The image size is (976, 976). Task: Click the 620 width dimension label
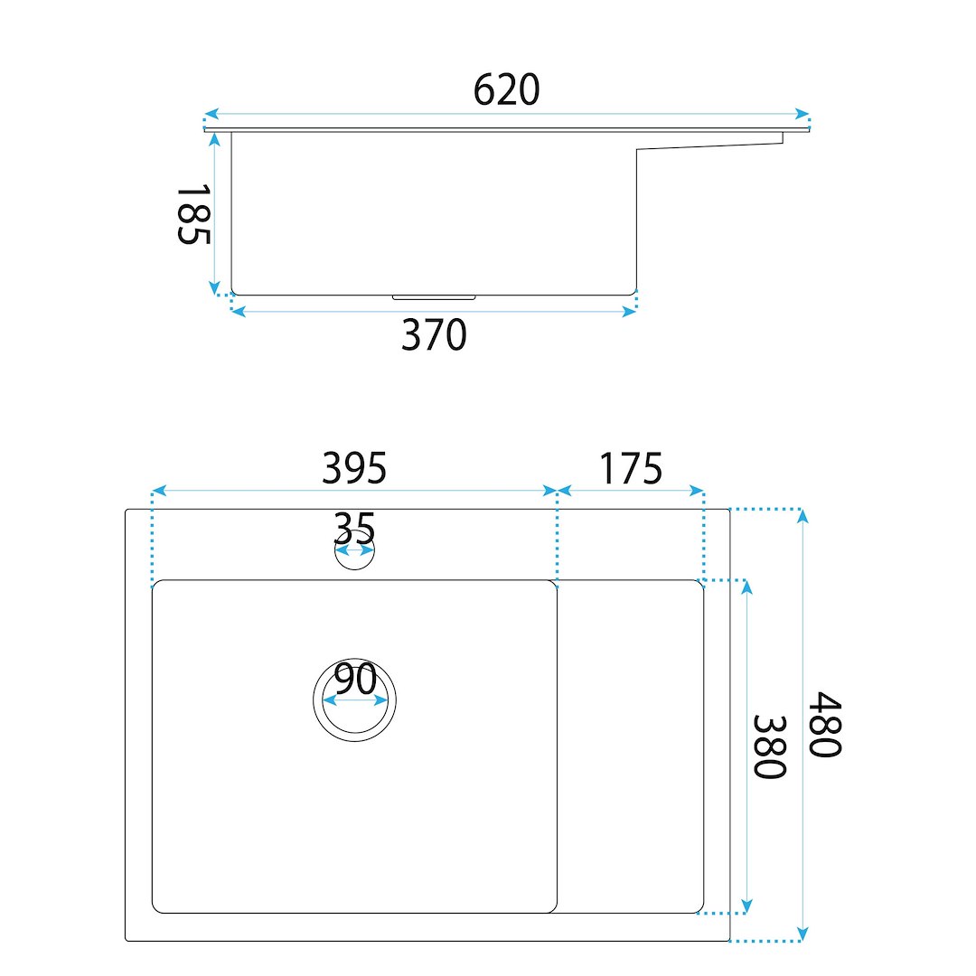(506, 90)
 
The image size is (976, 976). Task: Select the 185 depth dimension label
(193, 214)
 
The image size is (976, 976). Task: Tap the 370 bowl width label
(434, 335)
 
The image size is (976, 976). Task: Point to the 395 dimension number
(354, 468)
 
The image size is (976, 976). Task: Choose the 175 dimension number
(631, 468)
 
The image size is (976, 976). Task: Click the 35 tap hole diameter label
(354, 529)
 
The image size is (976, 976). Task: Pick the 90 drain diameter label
(355, 679)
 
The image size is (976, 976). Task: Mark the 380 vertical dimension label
(770, 746)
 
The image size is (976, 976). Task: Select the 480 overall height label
(825, 724)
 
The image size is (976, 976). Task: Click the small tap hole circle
(355, 568)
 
